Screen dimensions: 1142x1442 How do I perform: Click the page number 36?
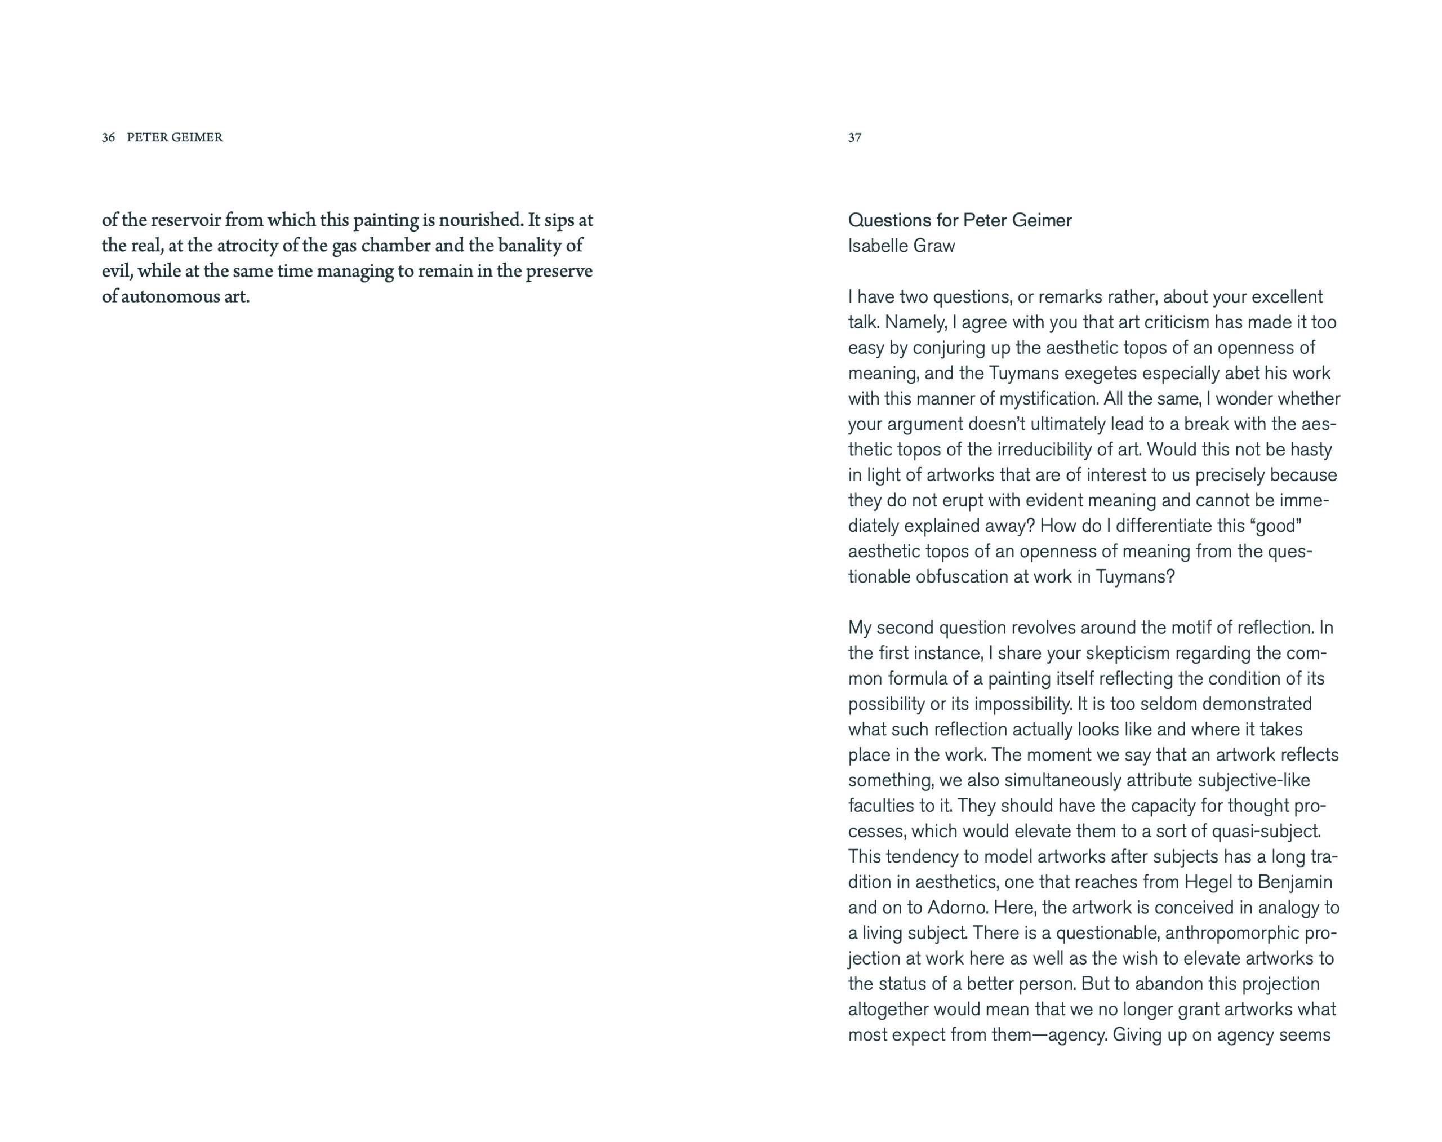[108, 137]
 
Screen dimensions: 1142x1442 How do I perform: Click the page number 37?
[854, 137]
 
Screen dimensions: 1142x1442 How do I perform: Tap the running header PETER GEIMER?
[175, 137]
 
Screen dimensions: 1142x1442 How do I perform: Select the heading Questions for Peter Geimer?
[959, 221]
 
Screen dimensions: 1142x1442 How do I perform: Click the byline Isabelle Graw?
[901, 246]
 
